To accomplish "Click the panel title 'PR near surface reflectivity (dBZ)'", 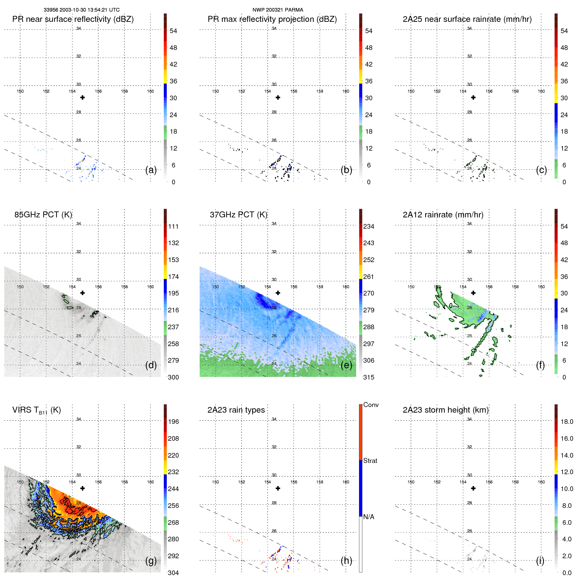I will point(73,19).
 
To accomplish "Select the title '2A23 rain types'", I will point(236,410).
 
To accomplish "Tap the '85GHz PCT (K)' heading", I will point(43,215).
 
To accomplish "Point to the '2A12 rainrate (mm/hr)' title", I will point(443,215).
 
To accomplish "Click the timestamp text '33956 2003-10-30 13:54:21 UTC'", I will point(81,10).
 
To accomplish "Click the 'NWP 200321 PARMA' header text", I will point(278,10).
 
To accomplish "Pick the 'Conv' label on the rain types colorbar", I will point(371,405).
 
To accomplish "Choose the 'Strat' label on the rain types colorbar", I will point(370,461).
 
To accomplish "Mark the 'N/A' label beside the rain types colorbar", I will point(369,517).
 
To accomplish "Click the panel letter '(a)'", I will point(151,170).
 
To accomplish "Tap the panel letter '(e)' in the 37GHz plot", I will point(346,365).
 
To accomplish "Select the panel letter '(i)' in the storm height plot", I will point(540,561).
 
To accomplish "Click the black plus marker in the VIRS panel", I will point(82,488).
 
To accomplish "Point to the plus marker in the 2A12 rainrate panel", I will point(473,293).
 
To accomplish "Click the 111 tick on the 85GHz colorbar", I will point(173,226).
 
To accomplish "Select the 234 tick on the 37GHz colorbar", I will point(369,226).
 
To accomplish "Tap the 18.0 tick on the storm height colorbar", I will point(566,422).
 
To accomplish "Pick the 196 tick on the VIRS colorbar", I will point(173,422).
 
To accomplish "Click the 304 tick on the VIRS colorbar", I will point(173,573).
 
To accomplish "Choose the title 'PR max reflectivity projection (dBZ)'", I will point(272,19).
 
